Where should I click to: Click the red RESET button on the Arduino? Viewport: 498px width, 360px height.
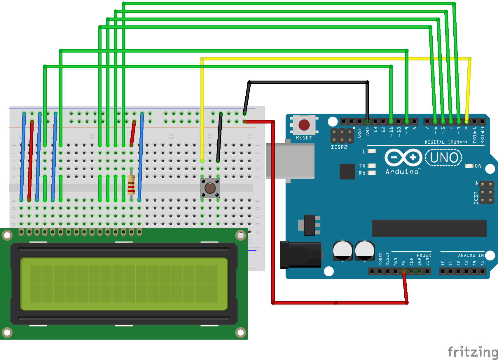(x=304, y=125)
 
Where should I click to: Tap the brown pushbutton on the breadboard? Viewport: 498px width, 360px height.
(x=210, y=188)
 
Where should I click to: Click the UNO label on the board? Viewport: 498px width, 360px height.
(x=444, y=158)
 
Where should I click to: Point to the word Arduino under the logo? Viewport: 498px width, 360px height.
(x=402, y=172)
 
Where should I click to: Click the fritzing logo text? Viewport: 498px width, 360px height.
(x=473, y=352)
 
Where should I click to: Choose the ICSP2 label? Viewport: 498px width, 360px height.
(x=339, y=147)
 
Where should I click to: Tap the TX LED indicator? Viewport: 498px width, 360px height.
(x=372, y=166)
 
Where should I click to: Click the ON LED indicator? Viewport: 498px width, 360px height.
(x=469, y=166)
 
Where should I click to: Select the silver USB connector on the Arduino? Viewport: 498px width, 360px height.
(x=290, y=161)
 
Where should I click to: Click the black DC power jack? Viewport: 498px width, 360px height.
(x=301, y=255)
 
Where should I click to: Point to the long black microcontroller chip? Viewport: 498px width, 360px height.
(x=429, y=228)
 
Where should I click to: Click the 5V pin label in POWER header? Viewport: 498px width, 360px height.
(x=404, y=263)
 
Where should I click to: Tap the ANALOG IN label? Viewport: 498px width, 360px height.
(x=471, y=255)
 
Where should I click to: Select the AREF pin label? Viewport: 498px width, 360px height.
(x=359, y=133)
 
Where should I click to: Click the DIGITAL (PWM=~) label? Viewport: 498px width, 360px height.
(x=445, y=142)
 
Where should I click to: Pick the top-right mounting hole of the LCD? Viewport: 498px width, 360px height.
(x=241, y=235)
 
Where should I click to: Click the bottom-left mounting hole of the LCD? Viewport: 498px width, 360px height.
(x=7, y=332)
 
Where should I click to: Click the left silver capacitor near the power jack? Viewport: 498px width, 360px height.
(x=343, y=251)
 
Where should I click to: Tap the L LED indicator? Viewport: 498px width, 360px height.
(x=372, y=151)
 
